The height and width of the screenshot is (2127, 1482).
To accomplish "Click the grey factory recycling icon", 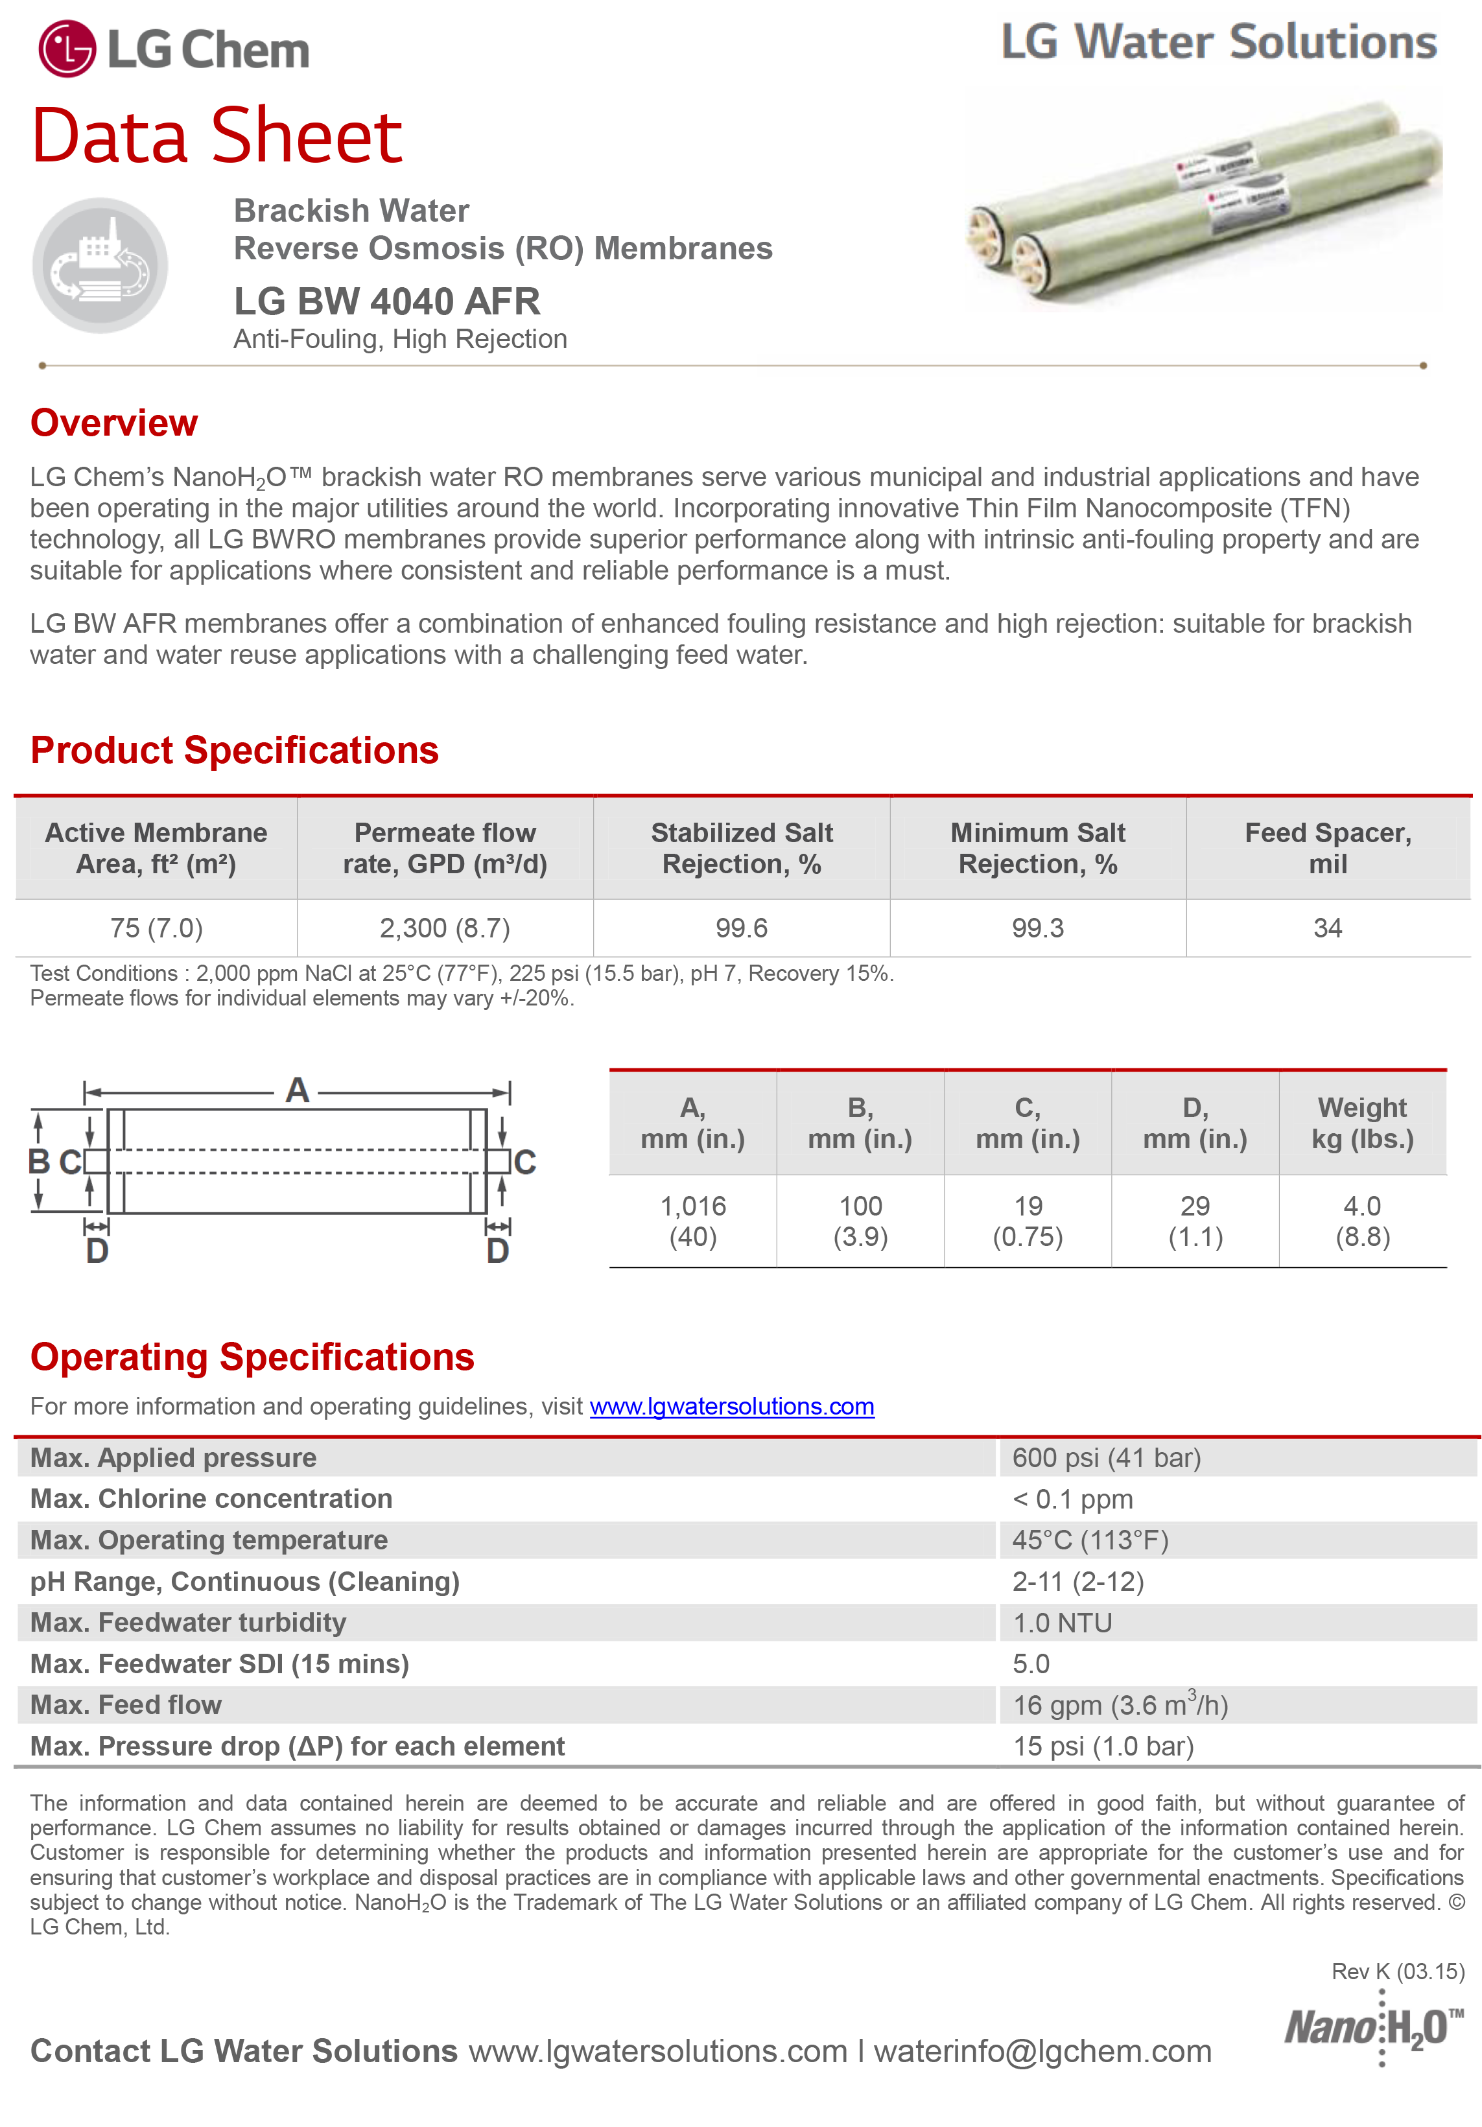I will tap(100, 266).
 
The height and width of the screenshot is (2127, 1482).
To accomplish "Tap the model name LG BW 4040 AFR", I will tap(386, 301).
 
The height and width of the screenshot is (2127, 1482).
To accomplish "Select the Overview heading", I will tap(114, 423).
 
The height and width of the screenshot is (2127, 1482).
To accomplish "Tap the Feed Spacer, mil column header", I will tap(1327, 848).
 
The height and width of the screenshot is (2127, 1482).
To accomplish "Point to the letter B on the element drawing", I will tap(39, 1161).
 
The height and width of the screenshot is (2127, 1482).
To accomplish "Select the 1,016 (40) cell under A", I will tap(693, 1221).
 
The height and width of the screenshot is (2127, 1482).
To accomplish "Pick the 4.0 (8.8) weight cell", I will tap(1361, 1221).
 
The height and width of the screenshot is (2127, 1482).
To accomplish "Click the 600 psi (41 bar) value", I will tap(1106, 1458).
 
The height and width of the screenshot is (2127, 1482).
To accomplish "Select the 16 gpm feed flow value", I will tap(1120, 1706).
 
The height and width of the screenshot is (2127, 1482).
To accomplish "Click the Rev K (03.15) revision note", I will tap(1398, 1971).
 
